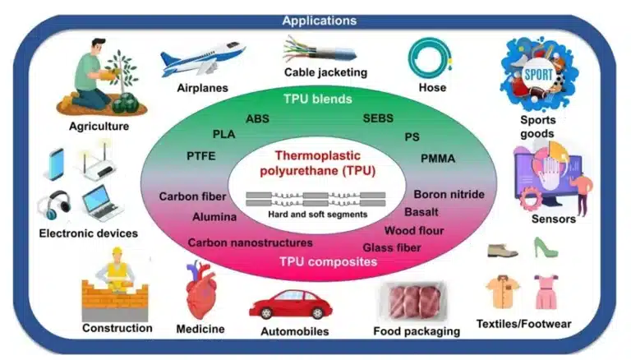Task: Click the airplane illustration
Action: click(x=201, y=60)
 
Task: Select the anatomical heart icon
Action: click(x=200, y=289)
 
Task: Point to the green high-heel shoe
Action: click(x=546, y=247)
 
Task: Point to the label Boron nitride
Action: click(x=449, y=195)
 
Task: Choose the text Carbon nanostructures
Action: click(x=250, y=242)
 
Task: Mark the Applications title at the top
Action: click(x=319, y=20)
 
